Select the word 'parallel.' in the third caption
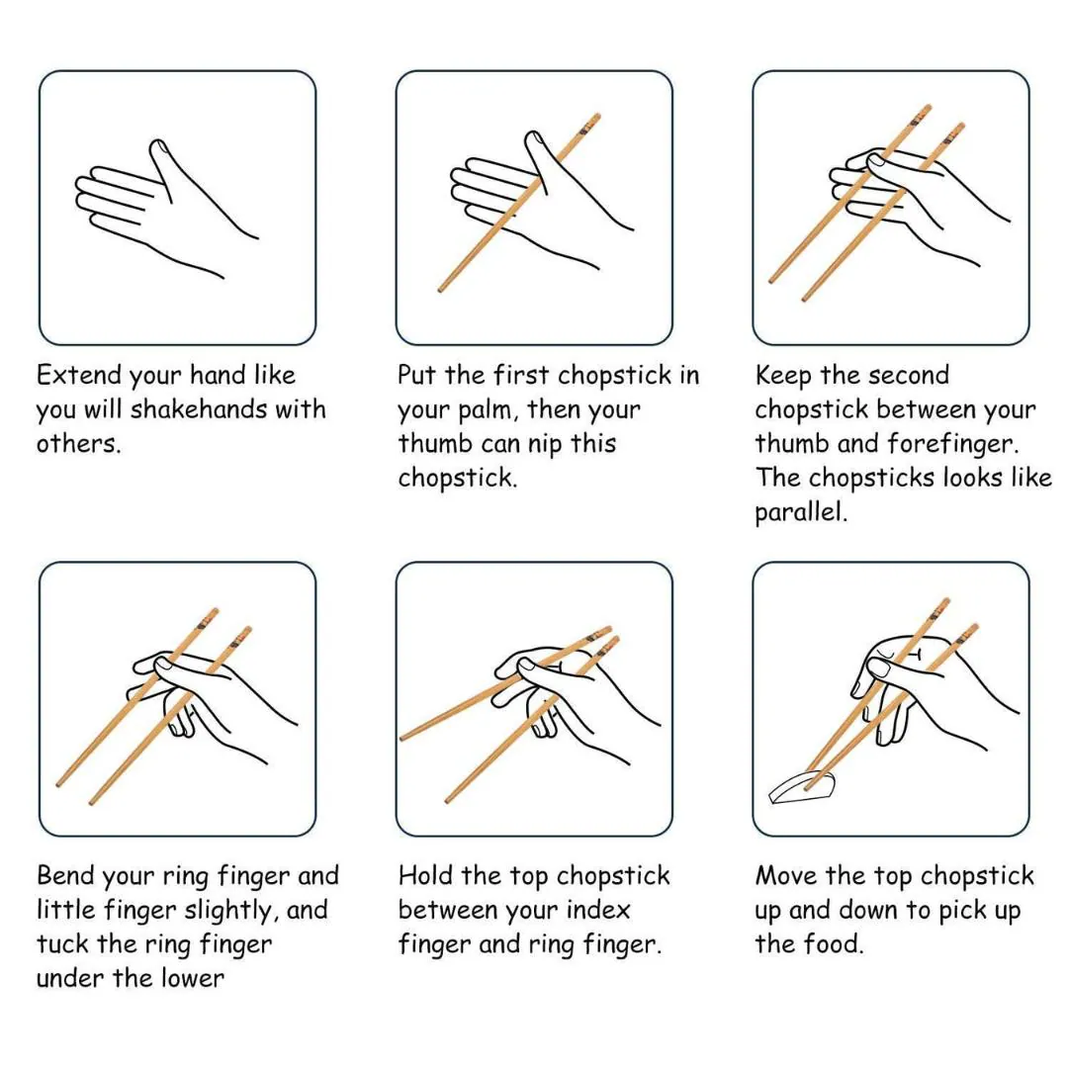[x=801, y=512]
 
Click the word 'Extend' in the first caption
[x=78, y=375]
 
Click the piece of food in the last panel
[x=801, y=788]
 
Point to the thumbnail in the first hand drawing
[x=159, y=147]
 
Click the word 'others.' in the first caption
[x=78, y=443]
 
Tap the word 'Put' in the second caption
[x=417, y=375]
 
